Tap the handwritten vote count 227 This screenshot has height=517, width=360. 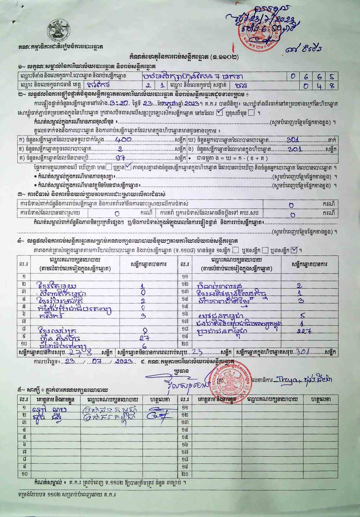tap(303, 331)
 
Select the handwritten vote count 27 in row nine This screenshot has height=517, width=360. tap(145, 338)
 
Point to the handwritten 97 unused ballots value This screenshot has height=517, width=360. tap(121, 158)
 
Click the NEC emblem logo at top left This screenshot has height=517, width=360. tap(58, 30)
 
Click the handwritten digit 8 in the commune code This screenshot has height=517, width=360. tap(332, 86)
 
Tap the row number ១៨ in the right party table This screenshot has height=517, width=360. tap(185, 328)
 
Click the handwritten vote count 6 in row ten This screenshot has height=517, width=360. tap(144, 346)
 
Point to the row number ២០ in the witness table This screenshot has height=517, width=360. tap(185, 474)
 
